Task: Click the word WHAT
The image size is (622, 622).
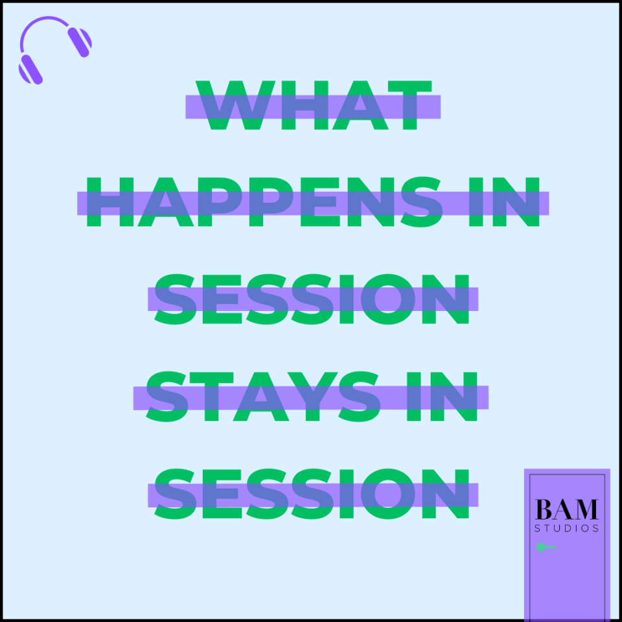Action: click(314, 105)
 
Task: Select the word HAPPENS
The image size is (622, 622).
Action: click(265, 202)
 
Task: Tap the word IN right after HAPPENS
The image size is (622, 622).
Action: click(504, 202)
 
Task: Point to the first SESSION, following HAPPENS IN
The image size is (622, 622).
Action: click(312, 299)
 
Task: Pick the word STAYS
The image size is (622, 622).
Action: click(264, 397)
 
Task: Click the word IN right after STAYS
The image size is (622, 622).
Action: click(442, 397)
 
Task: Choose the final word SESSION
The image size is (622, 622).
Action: click(312, 494)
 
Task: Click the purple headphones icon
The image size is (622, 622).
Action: click(55, 51)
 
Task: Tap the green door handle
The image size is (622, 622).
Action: click(546, 547)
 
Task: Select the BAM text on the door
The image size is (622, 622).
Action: click(566, 509)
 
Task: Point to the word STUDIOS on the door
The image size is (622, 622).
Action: click(566, 529)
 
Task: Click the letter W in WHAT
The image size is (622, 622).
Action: click(235, 105)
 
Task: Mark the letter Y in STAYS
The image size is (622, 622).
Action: click(312, 397)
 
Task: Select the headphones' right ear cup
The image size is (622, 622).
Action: click(80, 42)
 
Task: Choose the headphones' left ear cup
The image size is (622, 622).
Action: click(30, 70)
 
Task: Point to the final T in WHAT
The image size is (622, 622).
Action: click(409, 105)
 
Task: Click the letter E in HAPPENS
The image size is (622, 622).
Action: click(320, 202)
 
